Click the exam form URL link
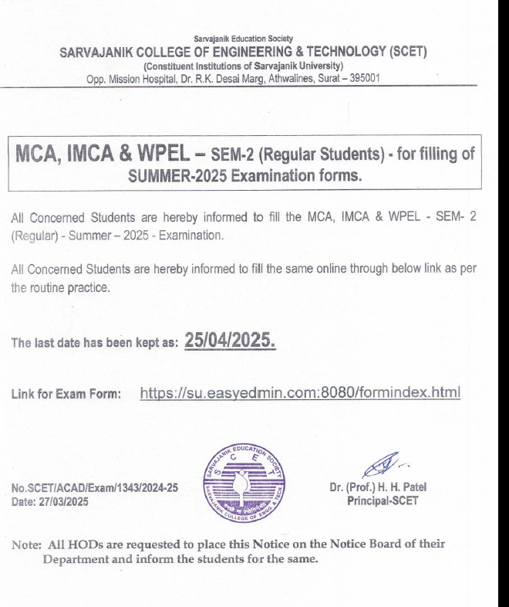300,393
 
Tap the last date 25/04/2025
231,341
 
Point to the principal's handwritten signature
379,464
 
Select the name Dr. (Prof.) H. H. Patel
377,487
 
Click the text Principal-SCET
383,500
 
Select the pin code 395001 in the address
364,77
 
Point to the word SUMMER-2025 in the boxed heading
167,175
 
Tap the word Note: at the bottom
27,544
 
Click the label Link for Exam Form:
66,395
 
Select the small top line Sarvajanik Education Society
243,39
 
